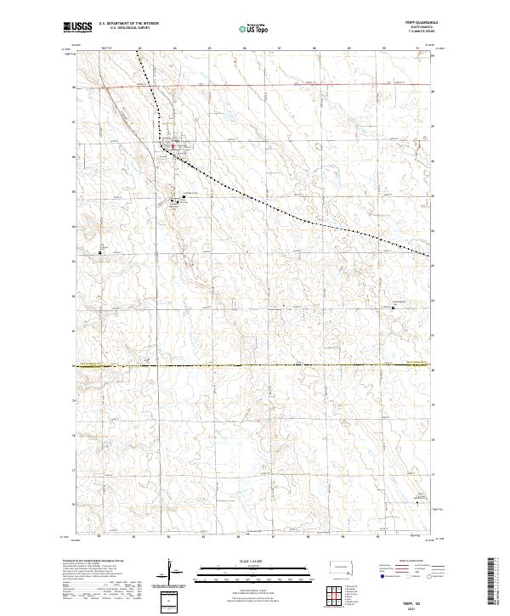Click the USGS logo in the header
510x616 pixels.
point(77,28)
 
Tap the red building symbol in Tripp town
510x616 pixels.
point(173,146)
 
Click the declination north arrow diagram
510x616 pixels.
point(170,573)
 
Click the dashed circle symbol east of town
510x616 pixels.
point(318,146)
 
